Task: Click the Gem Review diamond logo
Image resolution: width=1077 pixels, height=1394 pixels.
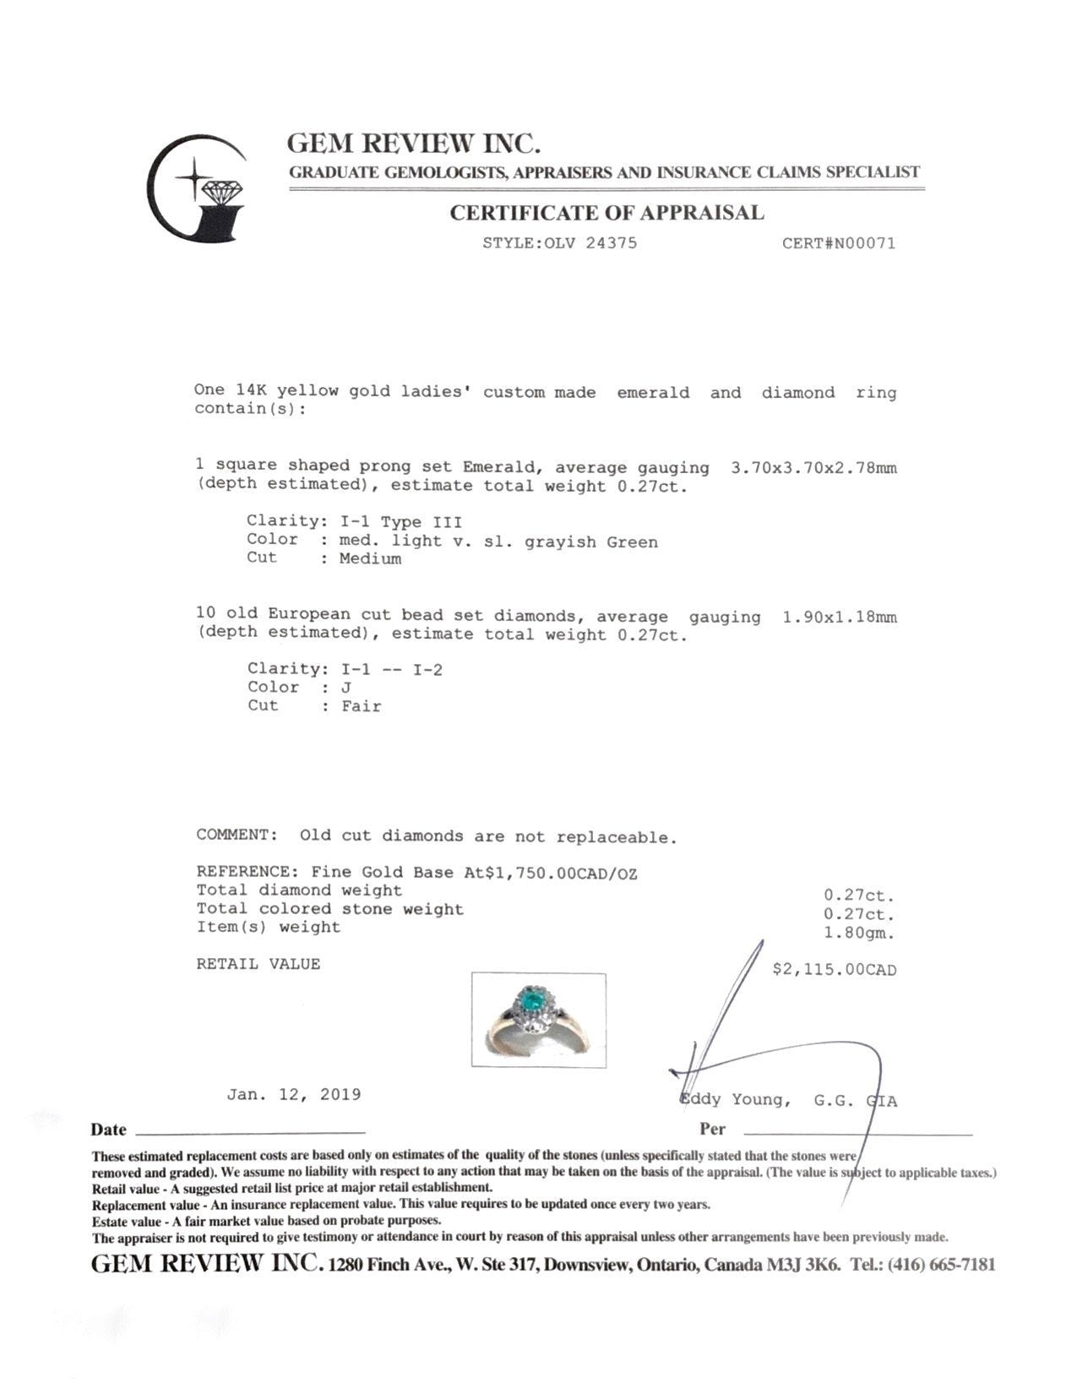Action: (198, 188)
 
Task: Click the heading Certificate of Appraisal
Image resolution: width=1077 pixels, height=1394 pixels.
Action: (606, 213)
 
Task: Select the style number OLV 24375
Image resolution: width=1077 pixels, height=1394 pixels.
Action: (590, 243)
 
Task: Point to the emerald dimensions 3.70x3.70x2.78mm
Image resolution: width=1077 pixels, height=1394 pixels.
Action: (813, 467)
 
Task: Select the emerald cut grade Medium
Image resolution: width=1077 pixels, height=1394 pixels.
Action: (370, 558)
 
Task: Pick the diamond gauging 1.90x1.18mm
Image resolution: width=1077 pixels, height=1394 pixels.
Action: (839, 617)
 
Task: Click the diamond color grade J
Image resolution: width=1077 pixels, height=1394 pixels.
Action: (345, 688)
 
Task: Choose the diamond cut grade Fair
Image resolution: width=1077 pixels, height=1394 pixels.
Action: (361, 706)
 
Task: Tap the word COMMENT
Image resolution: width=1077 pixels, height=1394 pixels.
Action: (237, 835)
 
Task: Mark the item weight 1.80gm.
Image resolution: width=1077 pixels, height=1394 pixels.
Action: (858, 934)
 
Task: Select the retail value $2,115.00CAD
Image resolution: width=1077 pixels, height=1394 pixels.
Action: (834, 970)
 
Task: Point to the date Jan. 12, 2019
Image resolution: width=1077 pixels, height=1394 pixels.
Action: (293, 1095)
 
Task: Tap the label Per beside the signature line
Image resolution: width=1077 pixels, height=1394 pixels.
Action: (712, 1130)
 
